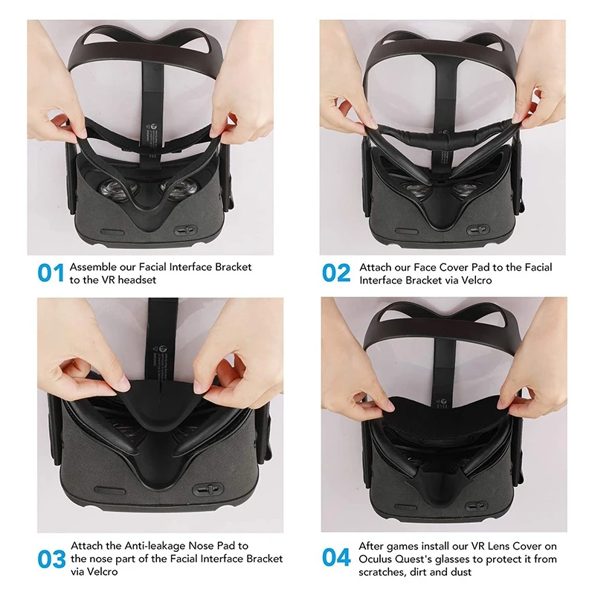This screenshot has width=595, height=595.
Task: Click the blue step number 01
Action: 50,273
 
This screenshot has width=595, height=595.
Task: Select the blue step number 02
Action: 336,273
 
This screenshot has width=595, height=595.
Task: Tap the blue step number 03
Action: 50,557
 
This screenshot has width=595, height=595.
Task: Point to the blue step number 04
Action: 336,557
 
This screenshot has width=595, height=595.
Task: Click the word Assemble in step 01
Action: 91,266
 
